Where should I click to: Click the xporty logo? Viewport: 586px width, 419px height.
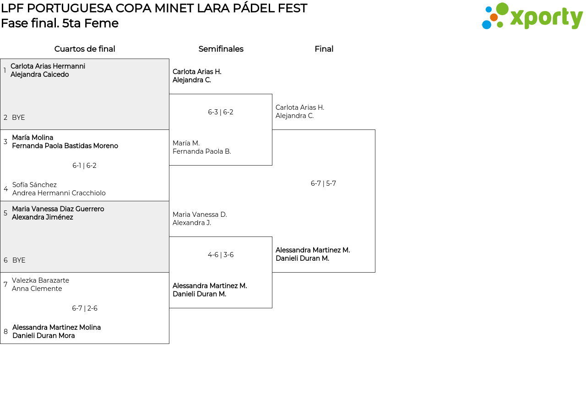click(x=532, y=16)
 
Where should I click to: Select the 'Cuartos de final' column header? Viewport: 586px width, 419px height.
click(x=85, y=49)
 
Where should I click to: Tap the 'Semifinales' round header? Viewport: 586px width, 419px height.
click(x=221, y=49)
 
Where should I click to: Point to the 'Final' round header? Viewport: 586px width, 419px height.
click(x=324, y=49)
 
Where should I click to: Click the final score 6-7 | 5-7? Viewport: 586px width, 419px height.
click(x=323, y=183)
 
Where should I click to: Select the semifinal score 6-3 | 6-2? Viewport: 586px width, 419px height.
click(x=221, y=112)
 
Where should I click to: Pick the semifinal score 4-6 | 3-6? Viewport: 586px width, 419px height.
click(x=221, y=255)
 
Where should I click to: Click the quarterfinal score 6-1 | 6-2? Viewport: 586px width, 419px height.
click(x=84, y=166)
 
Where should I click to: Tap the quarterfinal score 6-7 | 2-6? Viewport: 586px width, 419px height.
click(x=85, y=308)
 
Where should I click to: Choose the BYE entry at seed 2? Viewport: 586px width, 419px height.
click(x=18, y=118)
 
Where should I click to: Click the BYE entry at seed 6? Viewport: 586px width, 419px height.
click(x=19, y=260)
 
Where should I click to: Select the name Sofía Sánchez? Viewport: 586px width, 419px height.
click(x=34, y=185)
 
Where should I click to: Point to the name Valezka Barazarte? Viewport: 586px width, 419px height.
click(x=40, y=280)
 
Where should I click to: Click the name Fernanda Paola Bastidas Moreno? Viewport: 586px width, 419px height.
click(x=65, y=145)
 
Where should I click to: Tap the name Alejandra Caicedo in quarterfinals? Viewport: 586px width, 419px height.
click(x=39, y=75)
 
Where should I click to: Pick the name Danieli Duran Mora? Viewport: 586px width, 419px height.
click(x=43, y=336)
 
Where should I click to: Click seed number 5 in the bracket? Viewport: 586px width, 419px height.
click(x=5, y=213)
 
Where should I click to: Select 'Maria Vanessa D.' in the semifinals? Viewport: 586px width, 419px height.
click(x=200, y=215)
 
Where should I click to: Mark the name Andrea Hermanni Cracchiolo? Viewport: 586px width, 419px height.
click(x=59, y=193)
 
